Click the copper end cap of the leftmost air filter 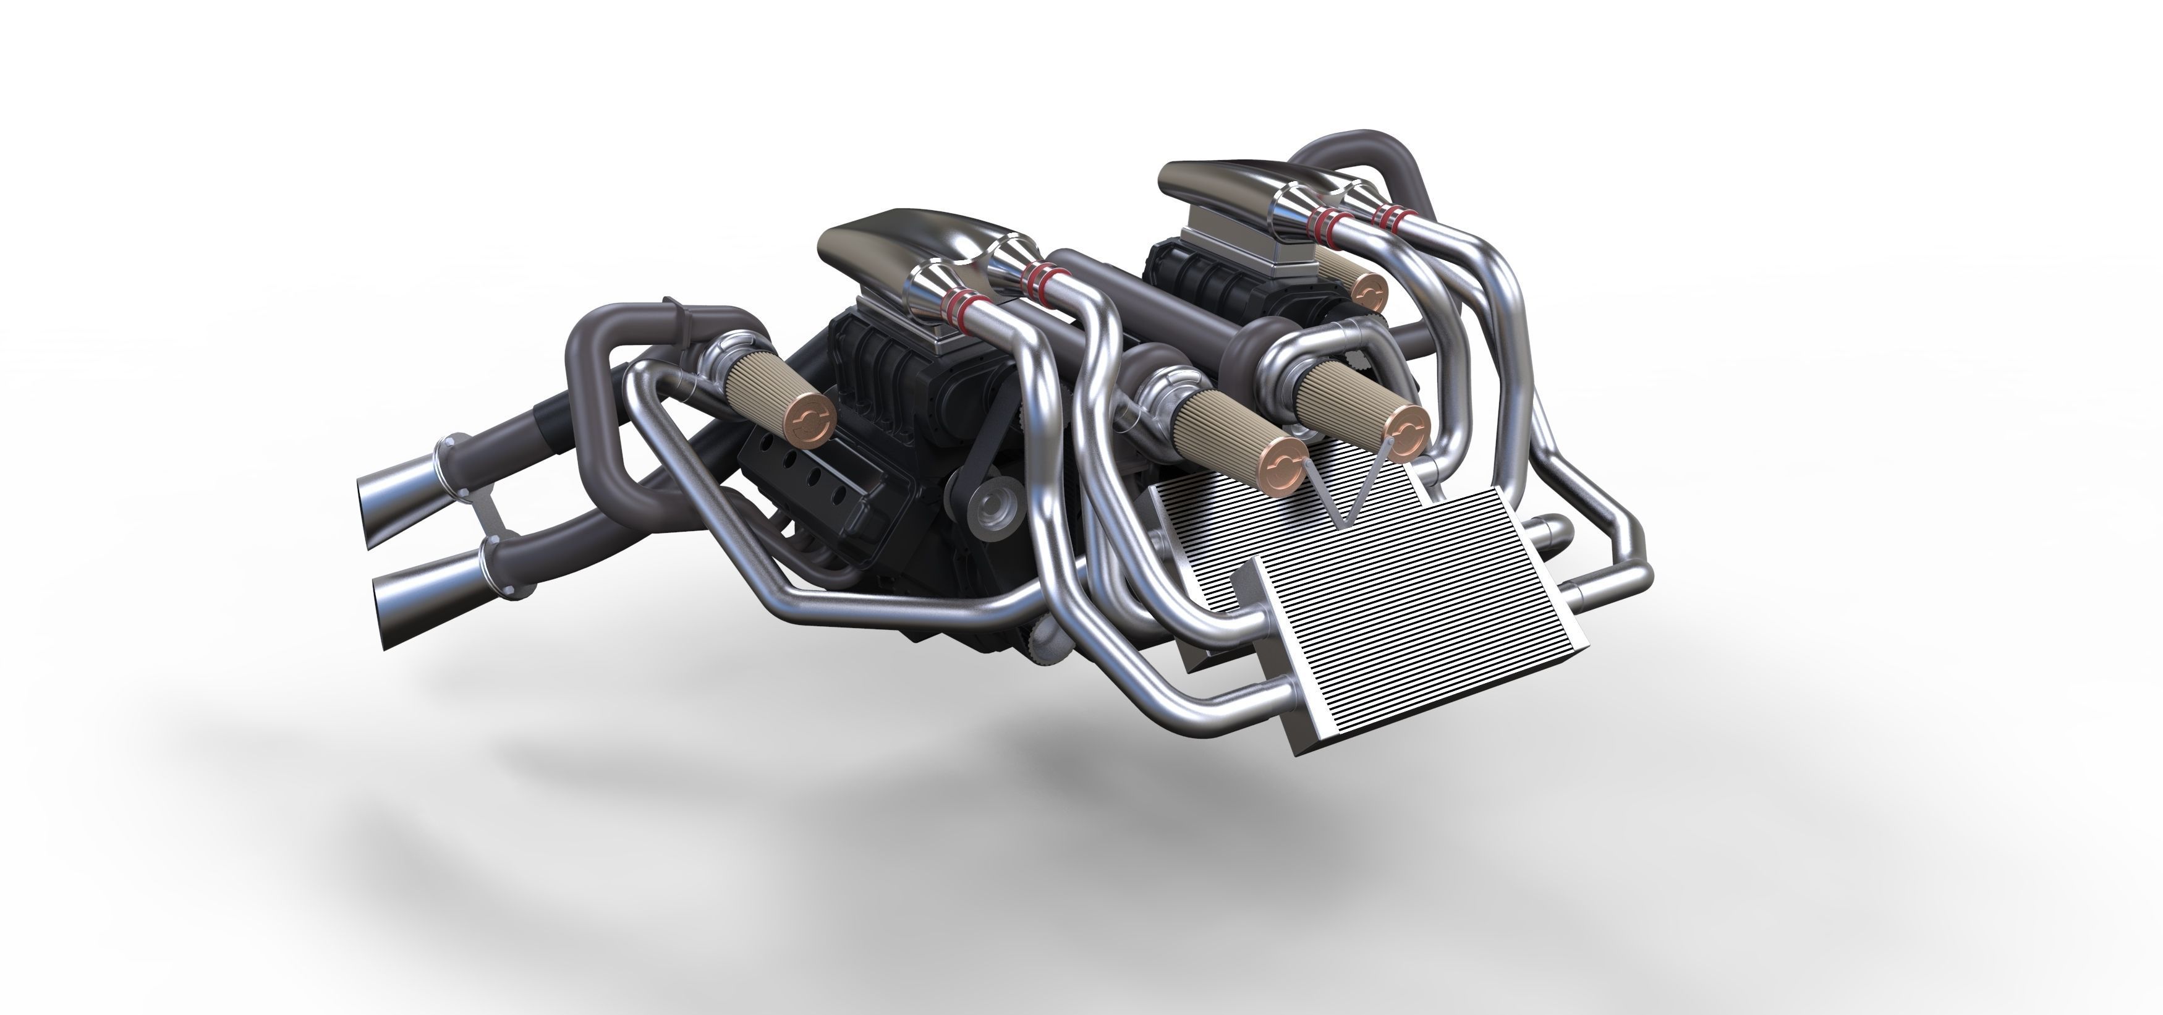[809, 419]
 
